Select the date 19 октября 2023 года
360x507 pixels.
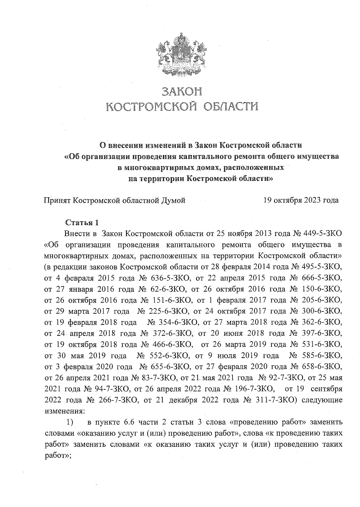(x=301, y=200)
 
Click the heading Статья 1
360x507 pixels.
(x=82, y=223)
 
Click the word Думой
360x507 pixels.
(x=173, y=200)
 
